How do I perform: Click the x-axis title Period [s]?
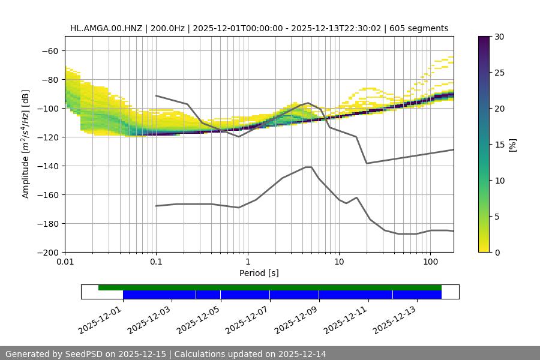tap(259, 273)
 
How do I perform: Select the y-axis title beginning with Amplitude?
tap(26, 144)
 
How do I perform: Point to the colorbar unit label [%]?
tap(512, 145)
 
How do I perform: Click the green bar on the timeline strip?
tap(270, 287)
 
